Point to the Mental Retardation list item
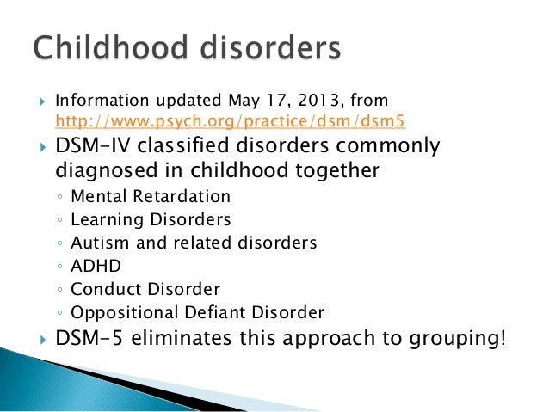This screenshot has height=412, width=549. (x=151, y=197)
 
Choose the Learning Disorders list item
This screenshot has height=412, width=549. (x=151, y=220)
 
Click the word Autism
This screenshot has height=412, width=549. (x=99, y=243)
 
